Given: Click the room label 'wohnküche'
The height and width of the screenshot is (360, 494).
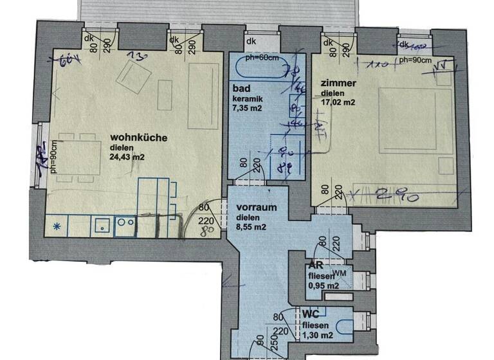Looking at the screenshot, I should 139,138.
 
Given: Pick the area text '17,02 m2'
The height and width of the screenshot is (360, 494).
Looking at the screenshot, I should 338,102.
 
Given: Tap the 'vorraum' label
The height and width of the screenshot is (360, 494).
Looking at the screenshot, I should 255,208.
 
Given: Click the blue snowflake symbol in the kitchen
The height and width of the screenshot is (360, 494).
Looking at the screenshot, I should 57,226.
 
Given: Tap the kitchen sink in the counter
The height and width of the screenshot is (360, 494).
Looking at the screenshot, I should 102,226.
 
